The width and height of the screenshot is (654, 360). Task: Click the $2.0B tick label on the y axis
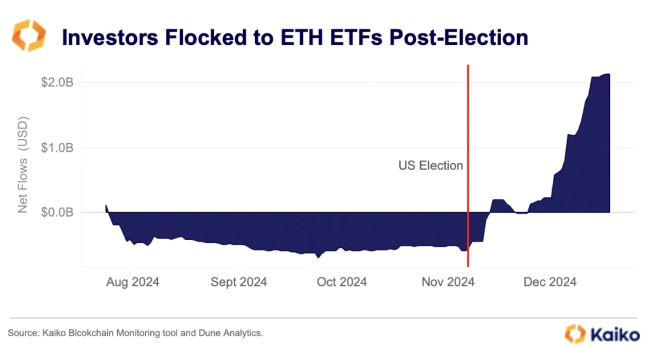[x=57, y=82]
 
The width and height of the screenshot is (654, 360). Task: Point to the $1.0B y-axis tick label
[x=57, y=148]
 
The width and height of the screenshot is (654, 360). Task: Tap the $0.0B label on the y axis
[x=57, y=212]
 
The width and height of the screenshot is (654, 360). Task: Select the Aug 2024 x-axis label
[x=133, y=282]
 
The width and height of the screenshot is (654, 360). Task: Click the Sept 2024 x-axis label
[x=239, y=282]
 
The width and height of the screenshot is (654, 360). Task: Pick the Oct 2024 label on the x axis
[x=342, y=282]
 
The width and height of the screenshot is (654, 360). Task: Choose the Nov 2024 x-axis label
[x=448, y=282]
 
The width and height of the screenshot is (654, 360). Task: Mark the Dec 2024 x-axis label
[x=550, y=282]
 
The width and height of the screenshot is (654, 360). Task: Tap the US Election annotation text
[x=430, y=165]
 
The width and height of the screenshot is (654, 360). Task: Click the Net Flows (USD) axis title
[x=23, y=165]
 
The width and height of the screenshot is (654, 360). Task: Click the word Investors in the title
[x=110, y=37]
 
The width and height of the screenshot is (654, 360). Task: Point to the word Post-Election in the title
[x=458, y=37]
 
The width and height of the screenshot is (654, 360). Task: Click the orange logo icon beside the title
[x=29, y=35]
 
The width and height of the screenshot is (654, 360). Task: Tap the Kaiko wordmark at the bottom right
[x=614, y=335]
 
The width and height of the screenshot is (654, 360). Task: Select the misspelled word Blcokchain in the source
[x=91, y=333]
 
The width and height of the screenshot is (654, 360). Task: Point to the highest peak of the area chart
[x=608, y=74]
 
